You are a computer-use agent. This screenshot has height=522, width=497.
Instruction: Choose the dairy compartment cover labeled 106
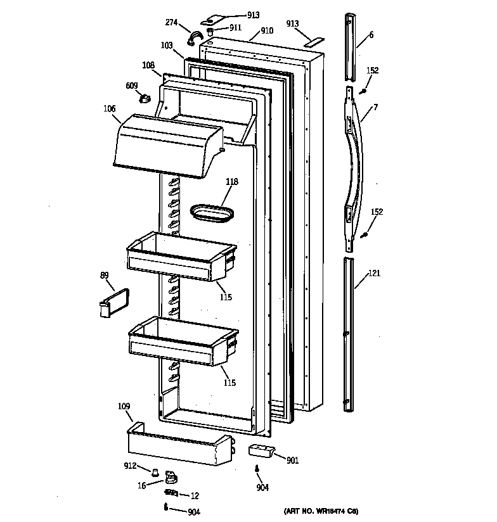168,144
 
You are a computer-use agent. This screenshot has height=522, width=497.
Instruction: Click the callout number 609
131,86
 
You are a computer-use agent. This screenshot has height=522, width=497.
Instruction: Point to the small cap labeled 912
153,471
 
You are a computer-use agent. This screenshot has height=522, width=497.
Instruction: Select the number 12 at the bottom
195,495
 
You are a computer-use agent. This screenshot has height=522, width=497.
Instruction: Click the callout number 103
167,46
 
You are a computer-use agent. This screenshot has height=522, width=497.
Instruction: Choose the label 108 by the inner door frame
148,65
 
